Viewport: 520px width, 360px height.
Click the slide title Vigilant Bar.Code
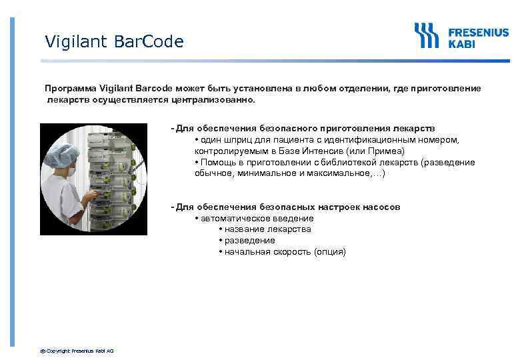tap(114, 42)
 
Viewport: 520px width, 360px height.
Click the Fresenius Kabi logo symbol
tap(427, 35)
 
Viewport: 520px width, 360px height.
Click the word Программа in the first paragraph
tap(71, 88)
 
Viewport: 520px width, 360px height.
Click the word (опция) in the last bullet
tap(330, 252)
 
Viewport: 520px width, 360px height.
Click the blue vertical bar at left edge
tap(11, 180)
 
